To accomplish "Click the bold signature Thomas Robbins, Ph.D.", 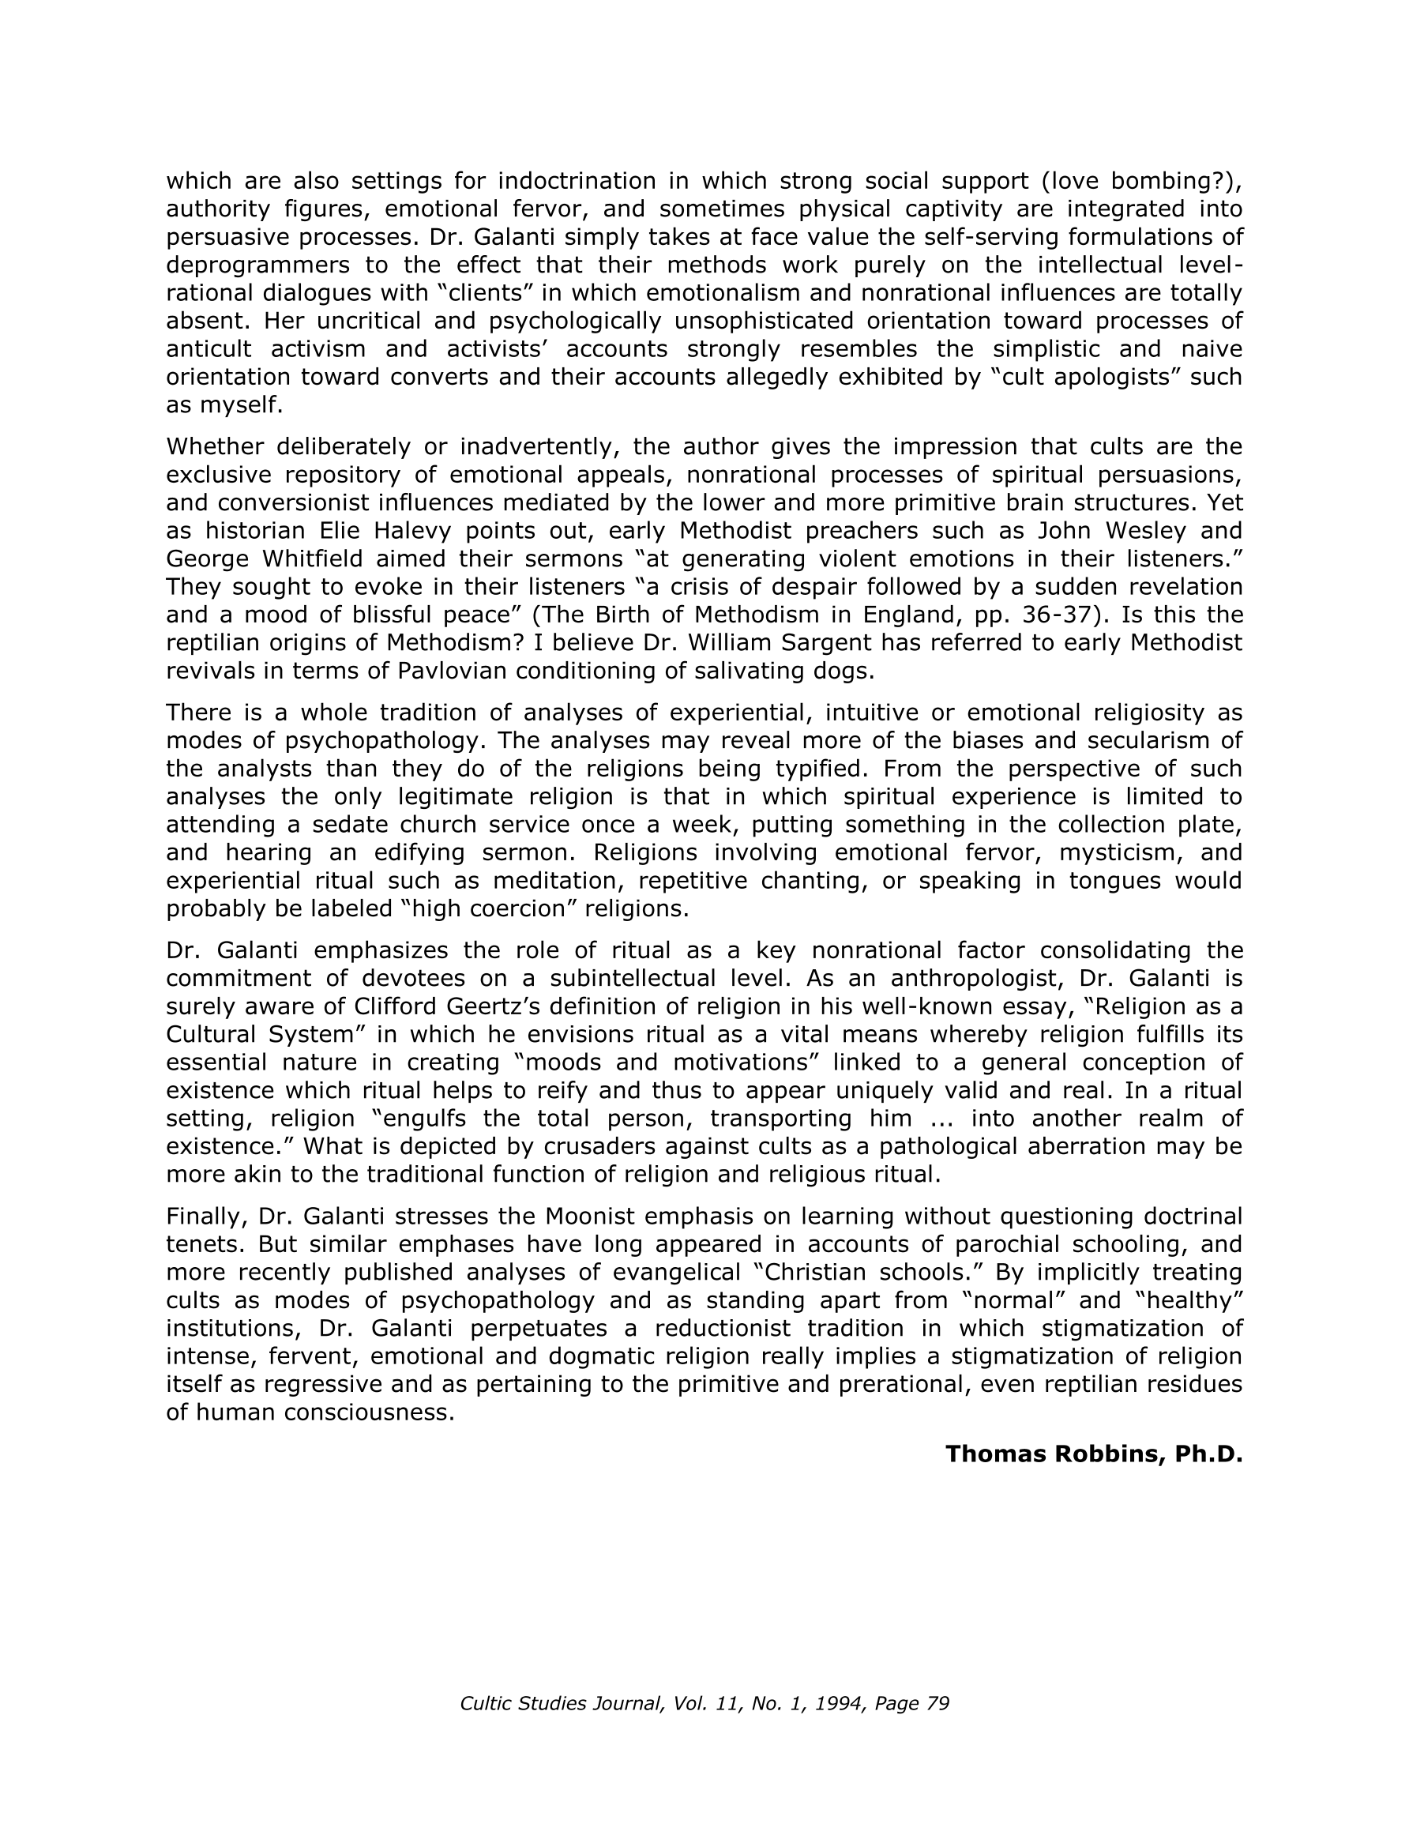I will [1094, 1454].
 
